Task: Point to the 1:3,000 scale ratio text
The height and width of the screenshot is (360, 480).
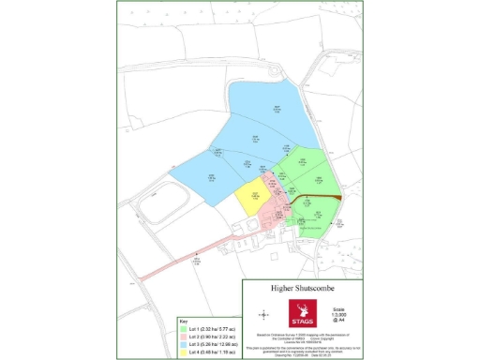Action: click(x=342, y=314)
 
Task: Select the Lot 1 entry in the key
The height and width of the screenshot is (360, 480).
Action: click(x=206, y=330)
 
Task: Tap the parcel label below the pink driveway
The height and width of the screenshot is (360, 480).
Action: click(x=197, y=263)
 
